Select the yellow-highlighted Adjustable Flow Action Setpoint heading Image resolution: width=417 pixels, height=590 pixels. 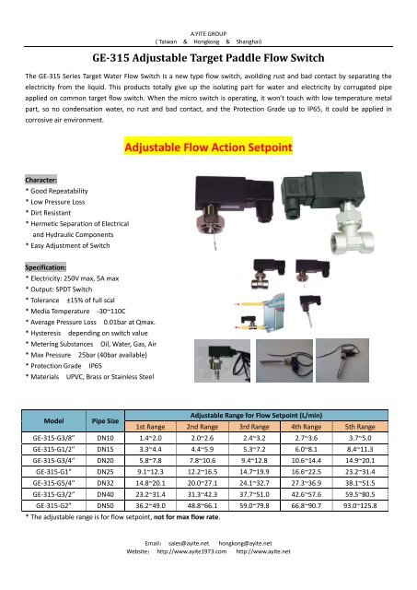tap(208, 147)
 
